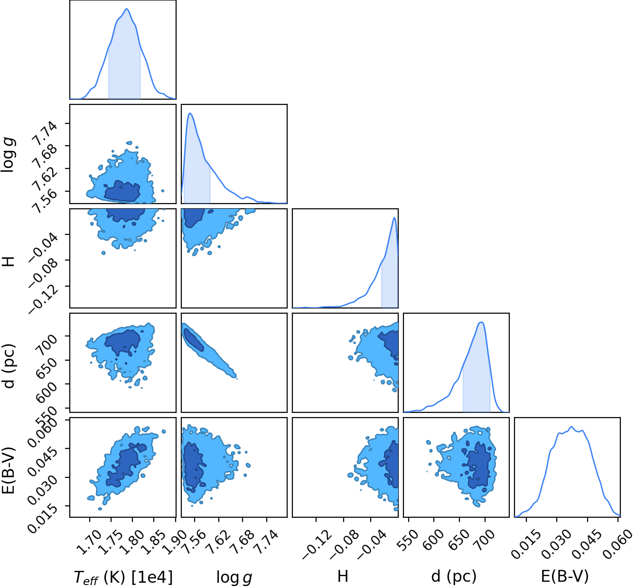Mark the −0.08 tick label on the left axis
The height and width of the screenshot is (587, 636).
click(x=43, y=271)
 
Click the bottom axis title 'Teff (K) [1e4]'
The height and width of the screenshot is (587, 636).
click(x=123, y=578)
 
